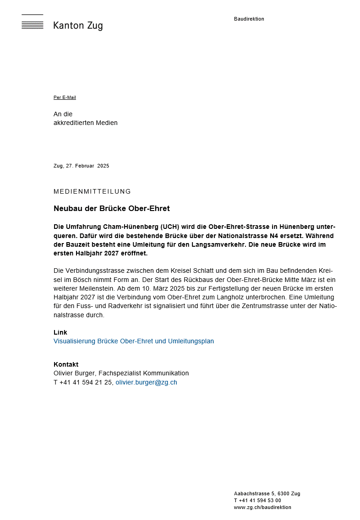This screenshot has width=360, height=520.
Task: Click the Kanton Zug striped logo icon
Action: click(32, 22)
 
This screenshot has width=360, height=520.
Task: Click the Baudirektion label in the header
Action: click(249, 19)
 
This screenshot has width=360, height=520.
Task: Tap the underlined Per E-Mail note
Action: click(65, 97)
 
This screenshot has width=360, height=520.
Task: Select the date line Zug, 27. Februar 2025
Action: click(81, 166)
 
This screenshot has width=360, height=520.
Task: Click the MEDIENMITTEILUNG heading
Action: click(92, 191)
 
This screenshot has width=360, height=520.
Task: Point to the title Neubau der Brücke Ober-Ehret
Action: click(111, 209)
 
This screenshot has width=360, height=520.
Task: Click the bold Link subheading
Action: click(60, 332)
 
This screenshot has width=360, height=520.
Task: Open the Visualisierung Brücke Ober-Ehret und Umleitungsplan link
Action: click(134, 341)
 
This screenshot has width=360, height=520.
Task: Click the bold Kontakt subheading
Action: click(66, 364)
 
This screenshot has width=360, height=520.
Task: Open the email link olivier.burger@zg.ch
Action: click(146, 382)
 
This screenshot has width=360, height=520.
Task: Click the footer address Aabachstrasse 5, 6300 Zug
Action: click(267, 493)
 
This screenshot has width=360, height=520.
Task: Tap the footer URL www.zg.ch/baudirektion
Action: click(262, 507)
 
